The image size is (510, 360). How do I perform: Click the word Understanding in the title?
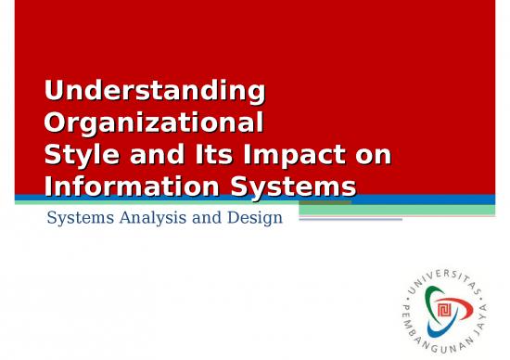(x=154, y=92)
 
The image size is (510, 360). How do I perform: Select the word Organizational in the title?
(x=153, y=123)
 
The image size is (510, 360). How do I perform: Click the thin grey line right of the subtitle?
(x=350, y=220)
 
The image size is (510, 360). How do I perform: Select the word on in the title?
(x=372, y=155)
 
